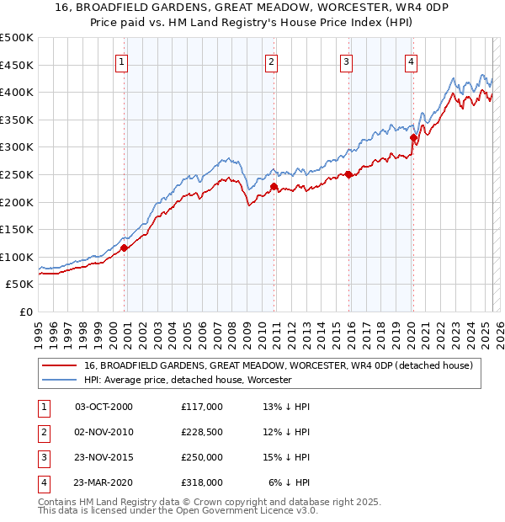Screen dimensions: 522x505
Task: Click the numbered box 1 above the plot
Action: tap(123, 61)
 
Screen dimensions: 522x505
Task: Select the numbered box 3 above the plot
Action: tap(347, 61)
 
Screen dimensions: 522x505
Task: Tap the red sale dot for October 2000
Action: tap(125, 248)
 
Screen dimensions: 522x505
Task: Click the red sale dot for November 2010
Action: tap(274, 186)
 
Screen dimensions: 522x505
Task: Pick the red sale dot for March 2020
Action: tap(413, 137)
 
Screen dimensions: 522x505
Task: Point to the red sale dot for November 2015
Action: tap(348, 174)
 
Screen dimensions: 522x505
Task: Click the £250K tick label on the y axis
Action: tap(16, 174)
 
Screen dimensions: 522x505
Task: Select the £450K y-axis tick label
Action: tap(16, 65)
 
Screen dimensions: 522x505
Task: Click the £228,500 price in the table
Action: tap(202, 432)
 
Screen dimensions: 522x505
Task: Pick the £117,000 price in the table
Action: tap(202, 407)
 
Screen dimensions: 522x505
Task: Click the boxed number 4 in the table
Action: tap(43, 482)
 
